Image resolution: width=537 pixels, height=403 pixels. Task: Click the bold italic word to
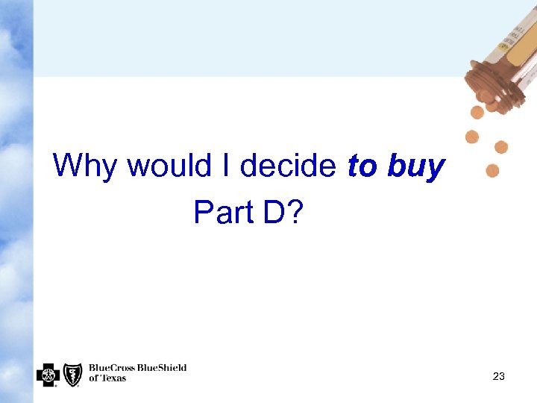coord(362,166)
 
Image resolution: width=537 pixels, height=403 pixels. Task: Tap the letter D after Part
coord(271,213)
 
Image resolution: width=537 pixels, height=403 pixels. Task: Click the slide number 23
coord(499,377)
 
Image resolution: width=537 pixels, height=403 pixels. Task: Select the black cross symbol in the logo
coord(47,374)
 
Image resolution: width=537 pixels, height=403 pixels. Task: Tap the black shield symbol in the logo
coord(72,374)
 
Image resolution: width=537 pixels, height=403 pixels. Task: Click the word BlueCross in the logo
coord(111,368)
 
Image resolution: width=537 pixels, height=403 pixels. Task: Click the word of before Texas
coord(93,378)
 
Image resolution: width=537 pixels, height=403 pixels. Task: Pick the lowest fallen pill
coord(492,171)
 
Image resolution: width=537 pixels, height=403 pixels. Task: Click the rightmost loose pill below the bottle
coord(501,147)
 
